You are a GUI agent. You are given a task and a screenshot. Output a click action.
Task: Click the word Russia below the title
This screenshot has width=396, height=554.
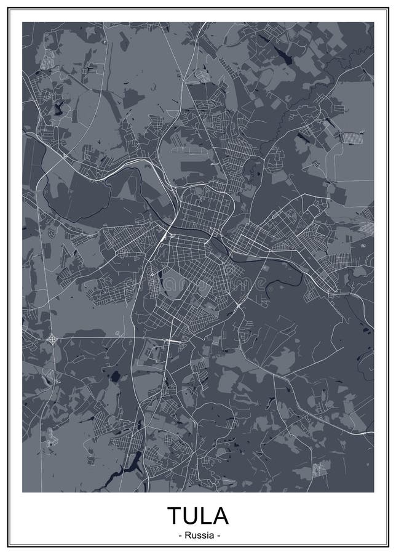[x=198, y=535]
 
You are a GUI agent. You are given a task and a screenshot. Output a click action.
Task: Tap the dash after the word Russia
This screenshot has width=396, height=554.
[x=218, y=535]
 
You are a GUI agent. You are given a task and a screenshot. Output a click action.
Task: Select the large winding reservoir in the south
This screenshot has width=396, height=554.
[x=126, y=465]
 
